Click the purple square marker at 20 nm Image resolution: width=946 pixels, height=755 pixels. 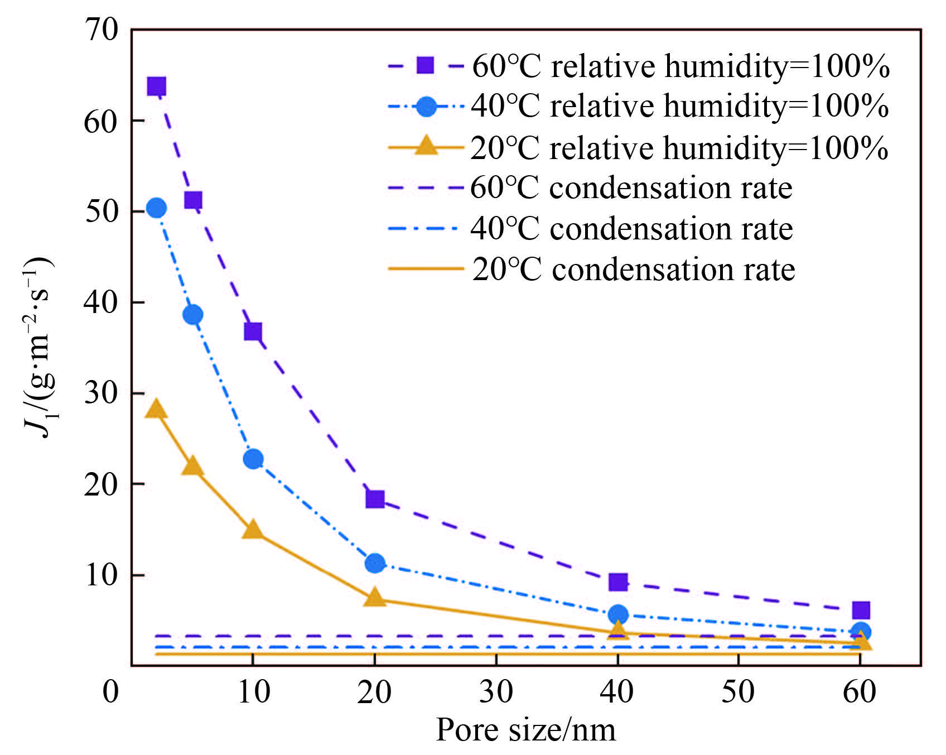pyautogui.click(x=375, y=498)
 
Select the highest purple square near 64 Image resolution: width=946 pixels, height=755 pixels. pyautogui.click(x=156, y=86)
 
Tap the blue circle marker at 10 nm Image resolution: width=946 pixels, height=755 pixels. pyautogui.click(x=253, y=459)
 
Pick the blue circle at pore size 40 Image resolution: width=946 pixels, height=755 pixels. pyautogui.click(x=618, y=614)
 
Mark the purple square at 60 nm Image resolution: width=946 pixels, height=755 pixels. pyautogui.click(x=861, y=610)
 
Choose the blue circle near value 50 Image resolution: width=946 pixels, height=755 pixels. pyautogui.click(x=157, y=208)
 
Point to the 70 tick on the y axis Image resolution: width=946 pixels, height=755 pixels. pyautogui.click(x=101, y=30)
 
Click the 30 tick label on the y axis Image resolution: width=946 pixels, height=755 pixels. pyautogui.click(x=101, y=393)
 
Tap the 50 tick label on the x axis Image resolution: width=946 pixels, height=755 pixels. pyautogui.click(x=738, y=692)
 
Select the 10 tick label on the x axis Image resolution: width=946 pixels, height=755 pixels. pyautogui.click(x=254, y=692)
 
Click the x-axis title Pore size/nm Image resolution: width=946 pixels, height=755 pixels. pyautogui.click(x=525, y=730)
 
